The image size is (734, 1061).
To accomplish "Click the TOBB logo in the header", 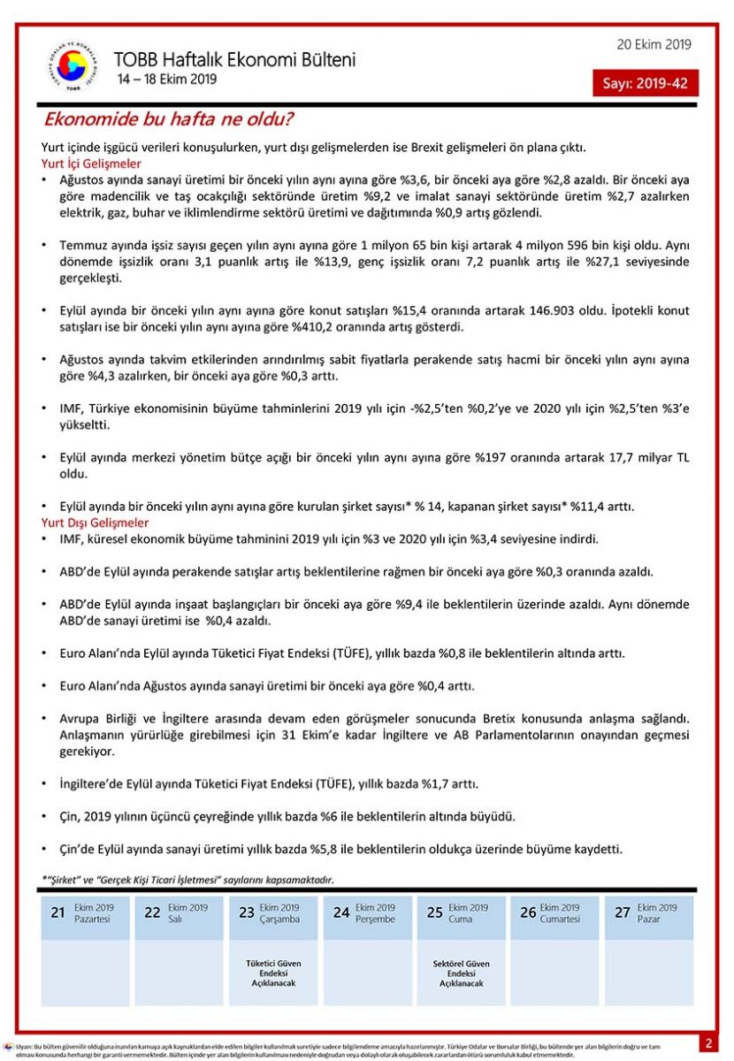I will [72, 68].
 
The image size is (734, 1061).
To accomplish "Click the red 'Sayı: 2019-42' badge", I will [645, 83].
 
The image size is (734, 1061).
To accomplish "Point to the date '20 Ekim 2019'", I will [654, 45].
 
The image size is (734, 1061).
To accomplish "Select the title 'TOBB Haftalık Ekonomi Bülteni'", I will [234, 60].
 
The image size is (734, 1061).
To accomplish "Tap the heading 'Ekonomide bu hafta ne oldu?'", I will [169, 118].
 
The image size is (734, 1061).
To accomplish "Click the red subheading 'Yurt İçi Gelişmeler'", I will [91, 164].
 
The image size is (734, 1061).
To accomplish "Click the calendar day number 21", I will [57, 912].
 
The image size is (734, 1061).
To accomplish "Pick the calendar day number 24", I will [341, 912].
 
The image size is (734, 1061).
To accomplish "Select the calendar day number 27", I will [623, 912].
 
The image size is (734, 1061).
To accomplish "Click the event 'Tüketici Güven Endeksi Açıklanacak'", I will [272, 973].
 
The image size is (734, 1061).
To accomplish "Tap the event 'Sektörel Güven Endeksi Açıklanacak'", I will [461, 973].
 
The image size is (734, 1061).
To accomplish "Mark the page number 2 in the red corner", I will [708, 1043].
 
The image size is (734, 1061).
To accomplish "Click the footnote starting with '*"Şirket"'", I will [187, 880].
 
